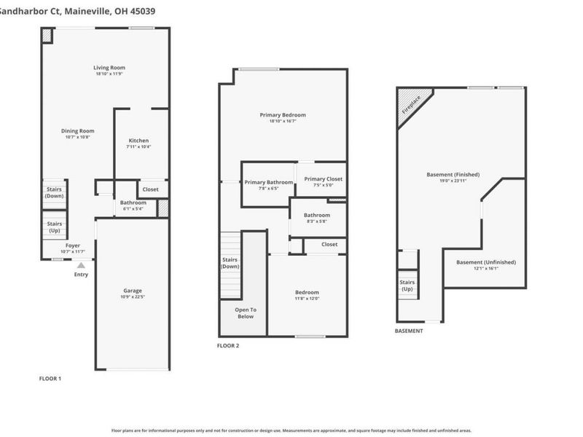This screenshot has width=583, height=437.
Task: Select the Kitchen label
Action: tap(138, 141)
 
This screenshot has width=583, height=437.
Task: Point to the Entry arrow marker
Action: tap(81, 266)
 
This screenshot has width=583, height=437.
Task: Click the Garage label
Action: tap(132, 291)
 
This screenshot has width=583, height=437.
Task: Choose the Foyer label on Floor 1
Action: tap(73, 245)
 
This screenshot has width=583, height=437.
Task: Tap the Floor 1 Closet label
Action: tap(150, 189)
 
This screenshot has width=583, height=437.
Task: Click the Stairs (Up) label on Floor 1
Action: tap(54, 227)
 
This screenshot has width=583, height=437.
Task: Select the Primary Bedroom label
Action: tap(283, 115)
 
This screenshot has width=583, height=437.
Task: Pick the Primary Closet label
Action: tap(323, 179)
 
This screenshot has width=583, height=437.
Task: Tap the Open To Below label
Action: tap(244, 313)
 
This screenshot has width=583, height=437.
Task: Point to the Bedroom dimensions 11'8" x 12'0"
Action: tap(306, 298)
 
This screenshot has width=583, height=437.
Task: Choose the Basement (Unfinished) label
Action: tap(485, 262)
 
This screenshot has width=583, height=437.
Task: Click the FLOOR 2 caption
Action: tap(228, 345)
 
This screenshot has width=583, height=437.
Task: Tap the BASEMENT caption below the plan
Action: tap(408, 331)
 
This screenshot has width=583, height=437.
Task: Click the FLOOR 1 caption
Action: tap(50, 379)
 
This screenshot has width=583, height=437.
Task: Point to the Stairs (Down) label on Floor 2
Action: tap(230, 263)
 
